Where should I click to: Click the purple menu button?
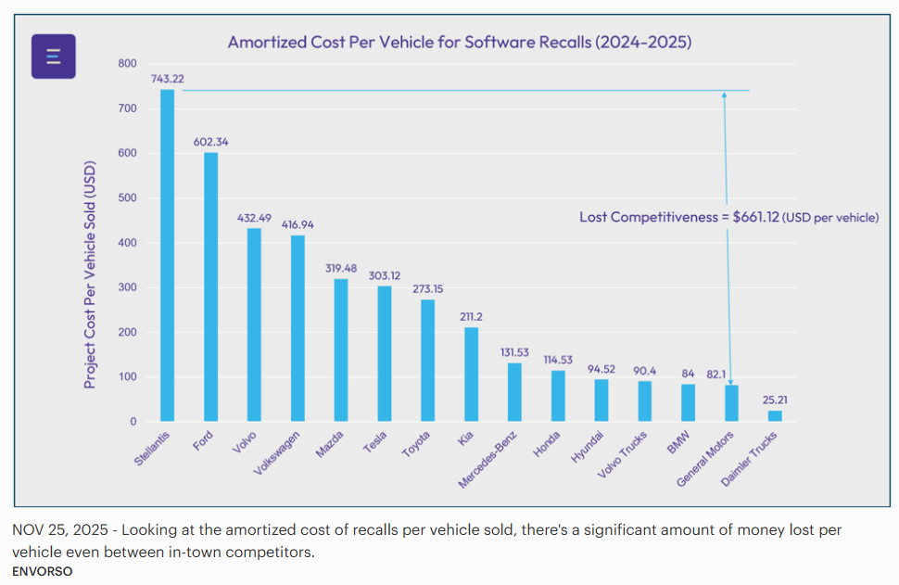click(54, 57)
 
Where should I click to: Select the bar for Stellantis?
click(167, 255)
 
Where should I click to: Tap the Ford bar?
click(211, 286)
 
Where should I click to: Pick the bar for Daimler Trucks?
click(775, 416)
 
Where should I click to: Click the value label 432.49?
click(254, 218)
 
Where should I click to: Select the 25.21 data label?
click(775, 401)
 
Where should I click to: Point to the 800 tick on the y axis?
click(127, 64)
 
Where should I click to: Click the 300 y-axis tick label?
click(127, 287)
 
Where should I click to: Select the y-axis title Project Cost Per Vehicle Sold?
click(91, 261)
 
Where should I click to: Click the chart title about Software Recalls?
click(460, 43)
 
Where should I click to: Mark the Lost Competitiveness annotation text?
click(728, 217)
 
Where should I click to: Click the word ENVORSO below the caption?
click(43, 571)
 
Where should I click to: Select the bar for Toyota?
click(427, 361)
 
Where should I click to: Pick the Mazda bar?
click(341, 350)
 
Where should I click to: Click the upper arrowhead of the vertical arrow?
click(725, 95)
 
